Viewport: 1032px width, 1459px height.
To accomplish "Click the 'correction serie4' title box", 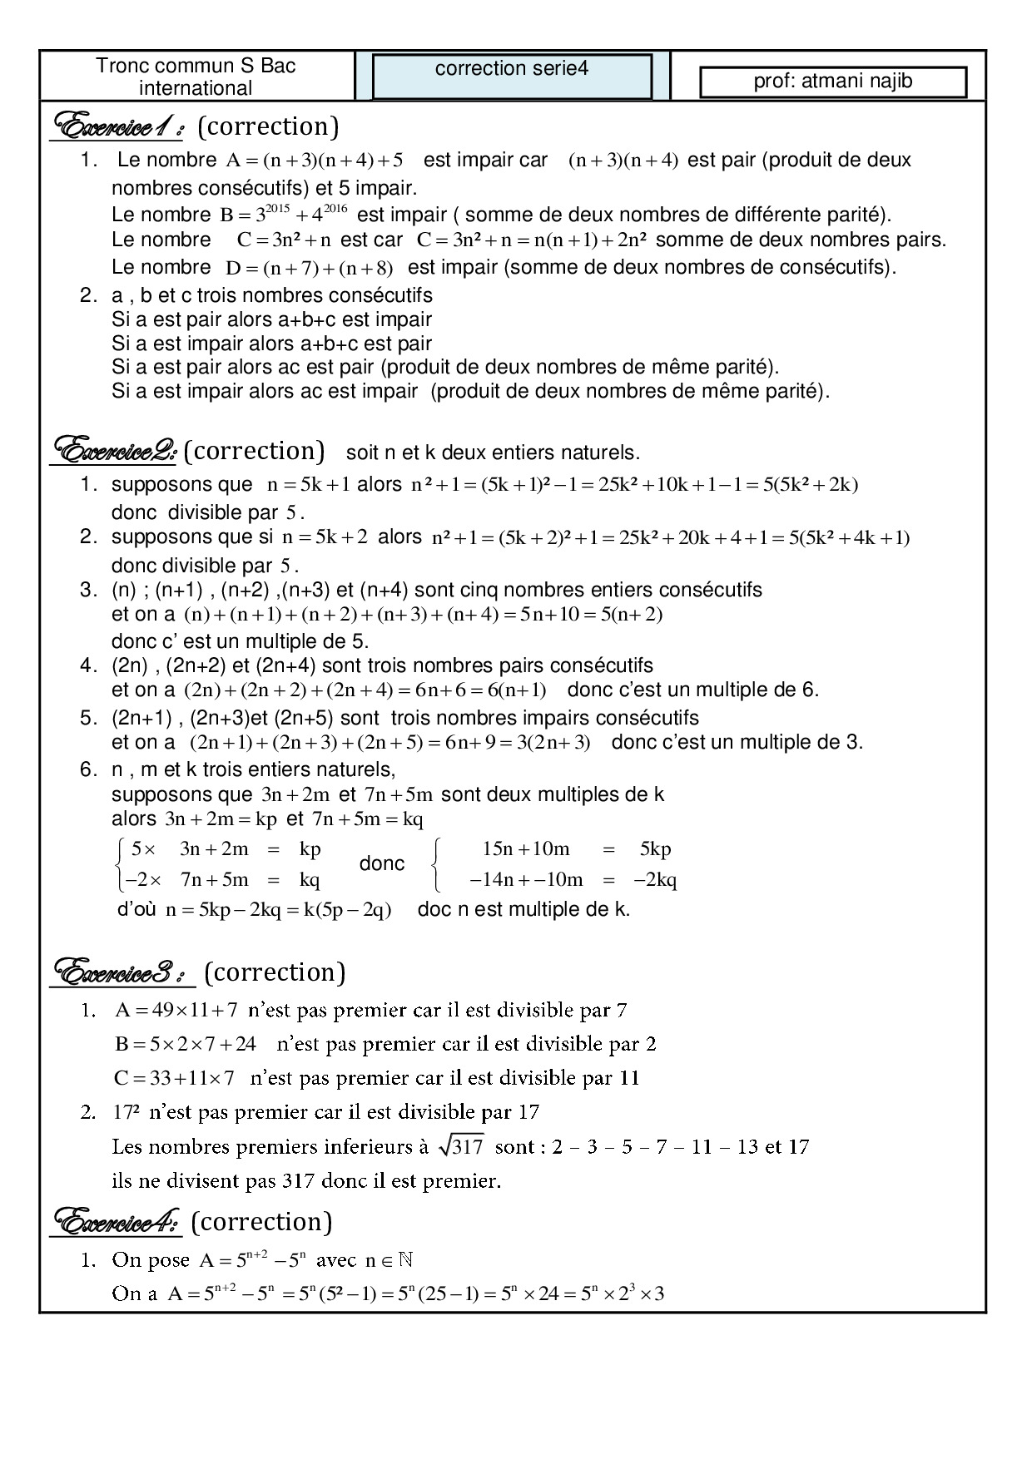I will (511, 76).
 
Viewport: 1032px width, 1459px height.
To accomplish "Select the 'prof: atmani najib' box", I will (833, 82).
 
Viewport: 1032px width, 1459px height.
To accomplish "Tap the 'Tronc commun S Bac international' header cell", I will (196, 77).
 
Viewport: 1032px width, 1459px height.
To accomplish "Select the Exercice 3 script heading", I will (122, 972).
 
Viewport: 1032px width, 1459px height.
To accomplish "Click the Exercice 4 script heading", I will (117, 1222).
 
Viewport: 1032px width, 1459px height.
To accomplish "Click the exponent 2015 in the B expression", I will (276, 208).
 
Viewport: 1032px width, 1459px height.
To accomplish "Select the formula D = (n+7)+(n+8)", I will (309, 268).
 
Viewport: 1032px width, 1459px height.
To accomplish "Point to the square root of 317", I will (462, 1147).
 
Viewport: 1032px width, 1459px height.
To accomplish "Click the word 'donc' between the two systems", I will (382, 863).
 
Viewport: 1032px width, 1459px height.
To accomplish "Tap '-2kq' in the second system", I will (655, 880).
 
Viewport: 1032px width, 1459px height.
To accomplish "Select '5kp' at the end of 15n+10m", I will (655, 849).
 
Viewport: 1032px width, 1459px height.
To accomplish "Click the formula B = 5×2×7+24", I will (186, 1043).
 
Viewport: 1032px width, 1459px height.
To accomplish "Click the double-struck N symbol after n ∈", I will (405, 1259).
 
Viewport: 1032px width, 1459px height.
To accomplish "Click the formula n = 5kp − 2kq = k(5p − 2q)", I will (278, 910).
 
